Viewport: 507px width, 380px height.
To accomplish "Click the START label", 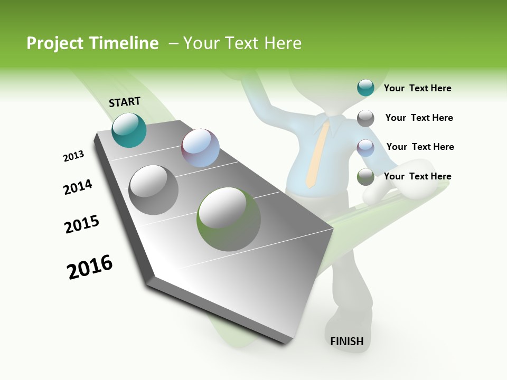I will coord(125,102).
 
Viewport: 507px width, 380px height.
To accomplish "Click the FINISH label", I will coord(347,341).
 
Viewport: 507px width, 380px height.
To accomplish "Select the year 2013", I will coord(73,156).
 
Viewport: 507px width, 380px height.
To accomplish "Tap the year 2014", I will coord(78,187).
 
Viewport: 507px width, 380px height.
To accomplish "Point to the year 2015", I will coord(82,224).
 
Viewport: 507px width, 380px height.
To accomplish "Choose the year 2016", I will coord(90,267).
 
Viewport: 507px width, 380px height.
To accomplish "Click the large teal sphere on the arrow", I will coord(129,130).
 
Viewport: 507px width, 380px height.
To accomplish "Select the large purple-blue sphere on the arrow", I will coord(200,148).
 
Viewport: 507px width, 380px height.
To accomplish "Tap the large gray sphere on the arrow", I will coord(154,189).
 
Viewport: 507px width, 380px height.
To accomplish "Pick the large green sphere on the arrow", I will coord(229,219).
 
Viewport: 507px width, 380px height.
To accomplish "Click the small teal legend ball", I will coord(365,88).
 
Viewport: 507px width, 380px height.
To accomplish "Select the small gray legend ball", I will coord(365,118).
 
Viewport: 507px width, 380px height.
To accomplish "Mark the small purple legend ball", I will coord(365,147).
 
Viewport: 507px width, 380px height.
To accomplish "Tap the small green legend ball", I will coord(365,177).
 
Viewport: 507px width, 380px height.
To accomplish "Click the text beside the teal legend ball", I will coord(417,88).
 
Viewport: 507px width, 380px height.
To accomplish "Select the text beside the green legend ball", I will coord(417,176).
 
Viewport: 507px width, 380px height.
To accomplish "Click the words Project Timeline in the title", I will coord(92,43).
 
